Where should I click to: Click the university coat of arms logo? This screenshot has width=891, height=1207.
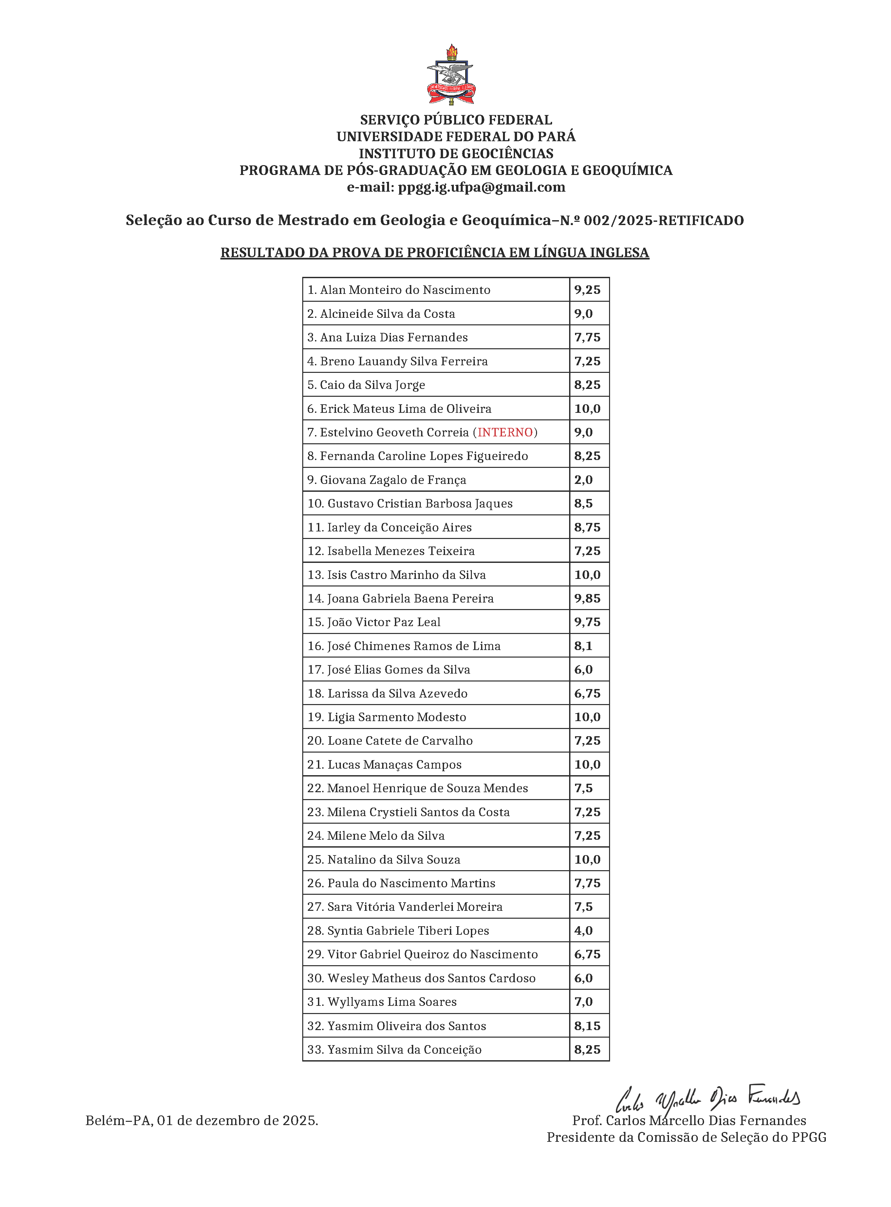[x=451, y=76]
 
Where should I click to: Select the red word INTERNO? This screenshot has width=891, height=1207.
[x=505, y=432]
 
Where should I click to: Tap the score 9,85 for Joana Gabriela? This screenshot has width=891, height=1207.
[x=587, y=598]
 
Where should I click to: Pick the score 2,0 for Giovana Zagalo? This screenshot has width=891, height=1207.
[x=583, y=480]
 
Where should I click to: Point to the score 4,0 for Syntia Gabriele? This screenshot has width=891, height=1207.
[x=583, y=931]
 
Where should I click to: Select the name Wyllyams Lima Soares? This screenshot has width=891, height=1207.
[x=392, y=1002]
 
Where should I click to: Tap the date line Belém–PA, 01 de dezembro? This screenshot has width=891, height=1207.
[x=202, y=1121]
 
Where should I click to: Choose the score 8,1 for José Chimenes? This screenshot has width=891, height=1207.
[x=583, y=646]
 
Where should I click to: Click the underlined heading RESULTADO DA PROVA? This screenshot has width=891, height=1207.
[x=435, y=253]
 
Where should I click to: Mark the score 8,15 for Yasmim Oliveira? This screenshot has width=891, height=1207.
[x=587, y=1026]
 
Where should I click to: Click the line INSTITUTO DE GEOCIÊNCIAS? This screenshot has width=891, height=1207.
[x=456, y=153]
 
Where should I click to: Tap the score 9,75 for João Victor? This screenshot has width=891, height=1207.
[x=587, y=622]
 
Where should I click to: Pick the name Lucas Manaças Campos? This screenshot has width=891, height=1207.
[x=394, y=765]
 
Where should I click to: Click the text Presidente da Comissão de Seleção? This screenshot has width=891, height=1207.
[x=686, y=1138]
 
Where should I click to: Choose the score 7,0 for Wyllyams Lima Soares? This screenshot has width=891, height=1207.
[x=583, y=1002]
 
